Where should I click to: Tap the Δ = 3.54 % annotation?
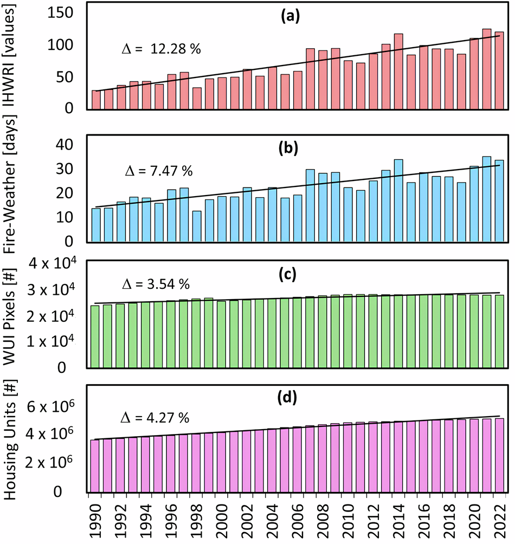pyautogui.click(x=154, y=284)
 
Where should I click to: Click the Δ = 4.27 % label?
pyautogui.click(x=153, y=418)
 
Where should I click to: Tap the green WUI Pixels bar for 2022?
pyautogui.click(x=499, y=331)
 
